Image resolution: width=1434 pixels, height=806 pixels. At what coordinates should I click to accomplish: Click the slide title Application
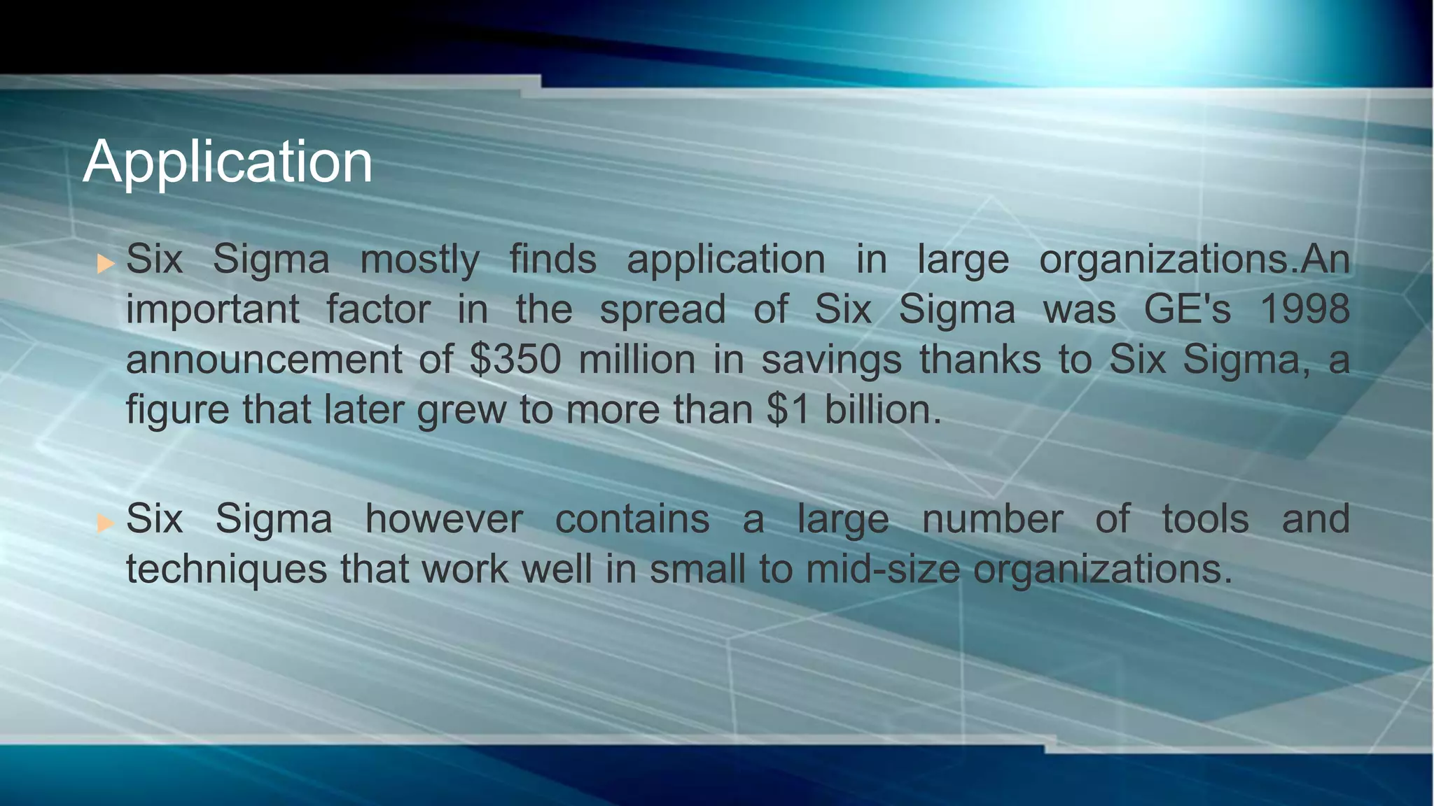pyautogui.click(x=228, y=162)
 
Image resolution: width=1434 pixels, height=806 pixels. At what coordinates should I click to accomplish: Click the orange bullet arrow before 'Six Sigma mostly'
pyautogui.click(x=105, y=264)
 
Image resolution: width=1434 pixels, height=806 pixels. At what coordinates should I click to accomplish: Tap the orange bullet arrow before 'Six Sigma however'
pyautogui.click(x=105, y=523)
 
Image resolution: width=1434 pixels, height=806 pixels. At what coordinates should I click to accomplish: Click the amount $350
pyautogui.click(x=515, y=360)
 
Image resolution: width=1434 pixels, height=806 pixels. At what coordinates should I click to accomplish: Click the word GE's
pyautogui.click(x=1187, y=309)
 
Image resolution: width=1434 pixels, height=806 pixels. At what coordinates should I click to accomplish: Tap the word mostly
pyautogui.click(x=419, y=260)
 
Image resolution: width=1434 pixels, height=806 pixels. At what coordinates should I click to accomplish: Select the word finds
pyautogui.click(x=552, y=259)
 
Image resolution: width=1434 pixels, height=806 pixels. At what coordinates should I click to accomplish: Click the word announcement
pyautogui.click(x=264, y=360)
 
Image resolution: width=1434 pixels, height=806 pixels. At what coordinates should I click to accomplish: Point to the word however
pyautogui.click(x=444, y=519)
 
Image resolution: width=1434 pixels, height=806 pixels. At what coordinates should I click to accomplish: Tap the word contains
pyautogui.click(x=632, y=519)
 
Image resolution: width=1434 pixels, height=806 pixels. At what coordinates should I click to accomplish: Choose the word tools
pyautogui.click(x=1205, y=519)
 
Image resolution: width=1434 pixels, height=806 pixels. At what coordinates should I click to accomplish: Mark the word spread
pyautogui.click(x=662, y=311)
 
